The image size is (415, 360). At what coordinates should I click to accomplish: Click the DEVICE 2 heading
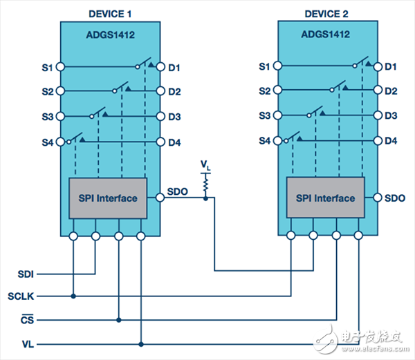coord(332,14)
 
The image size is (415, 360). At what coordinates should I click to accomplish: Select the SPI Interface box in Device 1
coord(107,198)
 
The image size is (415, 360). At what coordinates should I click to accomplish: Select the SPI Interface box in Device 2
coord(325,198)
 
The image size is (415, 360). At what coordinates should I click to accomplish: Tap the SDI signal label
coord(26,273)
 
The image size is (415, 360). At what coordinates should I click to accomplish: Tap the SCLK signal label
coord(21,296)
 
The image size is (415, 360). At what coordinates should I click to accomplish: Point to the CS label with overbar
coord(26,319)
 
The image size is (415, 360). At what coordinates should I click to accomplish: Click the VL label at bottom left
coord(27,343)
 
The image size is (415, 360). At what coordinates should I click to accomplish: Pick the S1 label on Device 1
coord(46,67)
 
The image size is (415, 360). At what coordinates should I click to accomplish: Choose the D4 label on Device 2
coord(391,141)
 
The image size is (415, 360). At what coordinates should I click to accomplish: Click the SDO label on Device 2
coord(394,198)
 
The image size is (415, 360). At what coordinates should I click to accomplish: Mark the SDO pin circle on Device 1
coord(160,198)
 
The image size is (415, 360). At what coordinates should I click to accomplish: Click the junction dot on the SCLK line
coord(73,296)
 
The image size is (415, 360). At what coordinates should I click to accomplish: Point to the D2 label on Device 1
coord(174,91)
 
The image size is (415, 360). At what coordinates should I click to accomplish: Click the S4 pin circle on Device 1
coord(61,141)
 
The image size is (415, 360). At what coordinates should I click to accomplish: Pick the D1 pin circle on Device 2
coord(377,67)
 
